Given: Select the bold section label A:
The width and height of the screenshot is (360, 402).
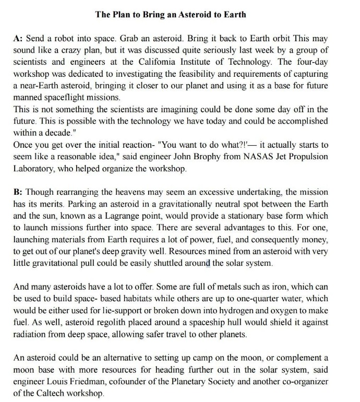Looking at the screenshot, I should (x=18, y=39).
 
